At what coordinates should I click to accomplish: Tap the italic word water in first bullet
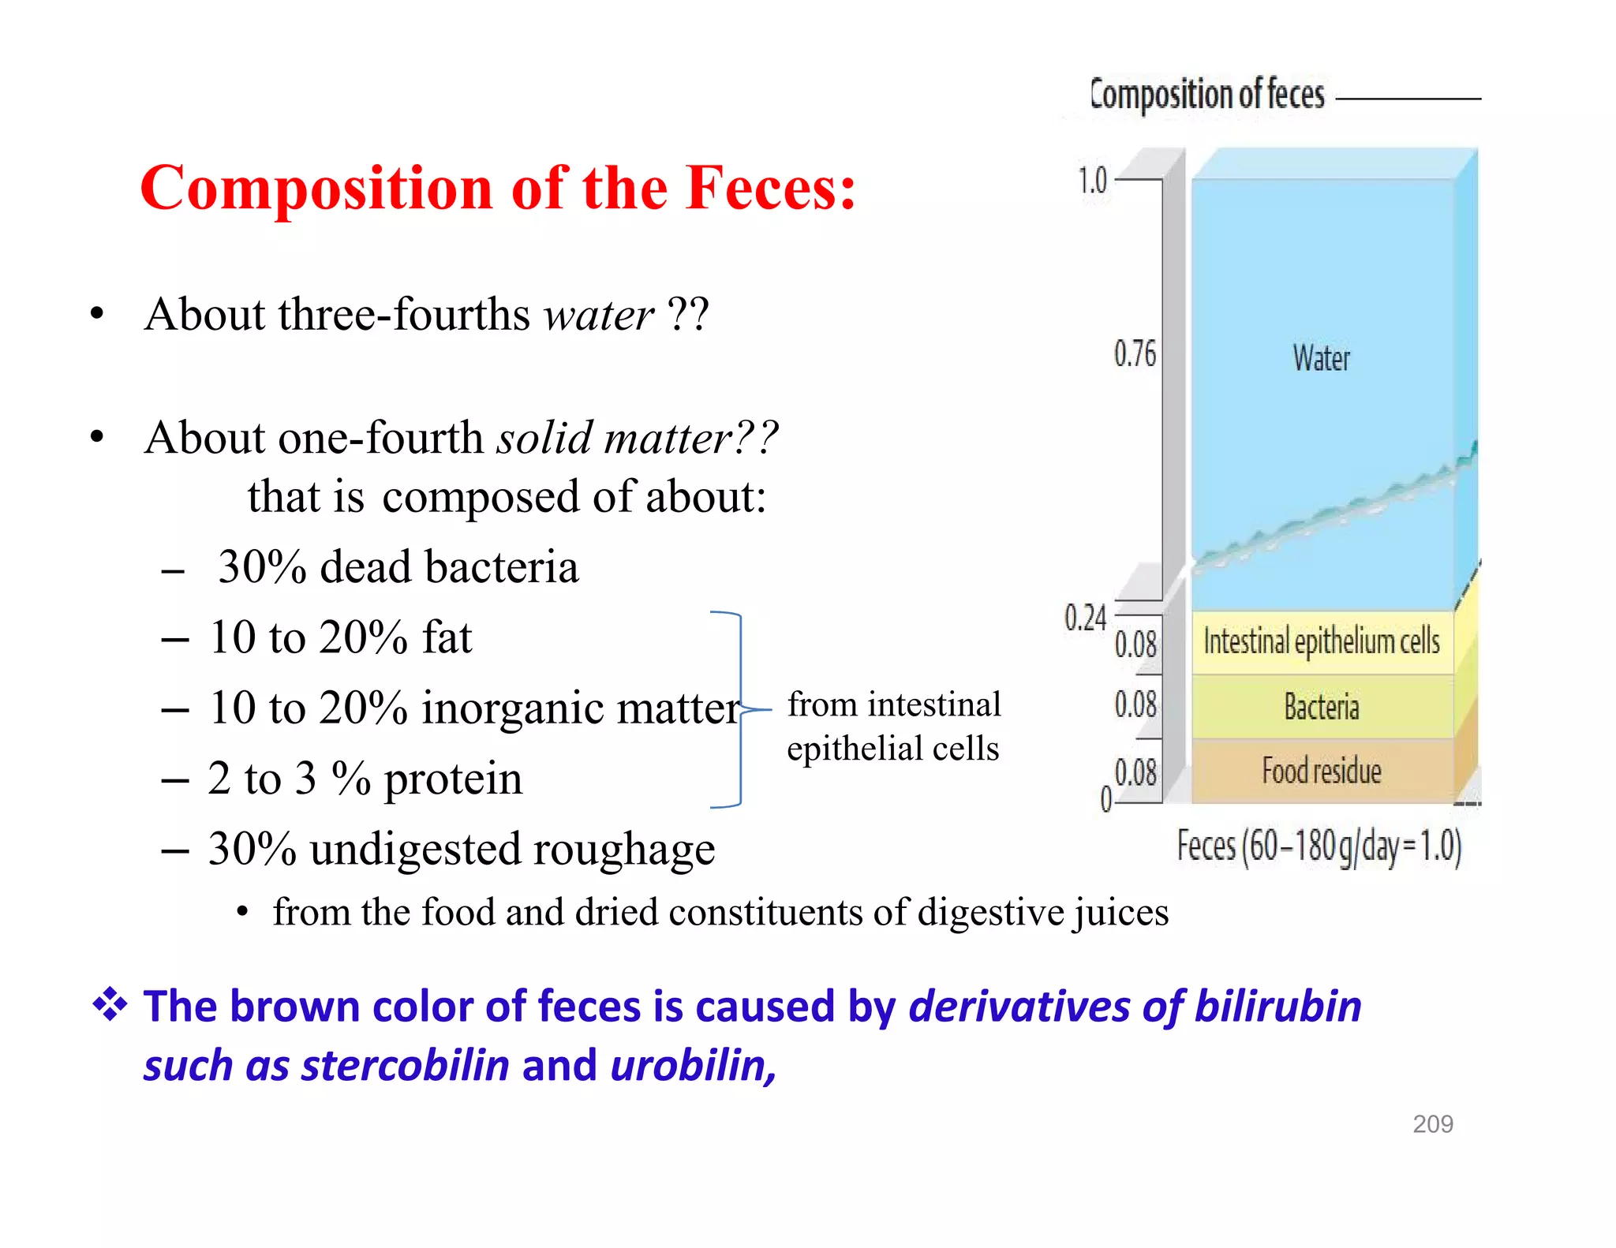pyautogui.click(x=599, y=315)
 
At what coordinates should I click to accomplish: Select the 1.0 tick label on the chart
pyautogui.click(x=1093, y=181)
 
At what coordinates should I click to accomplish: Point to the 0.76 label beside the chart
pyautogui.click(x=1134, y=353)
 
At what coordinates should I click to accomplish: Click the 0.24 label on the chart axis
pyautogui.click(x=1085, y=618)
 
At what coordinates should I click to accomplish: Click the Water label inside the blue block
pyautogui.click(x=1321, y=358)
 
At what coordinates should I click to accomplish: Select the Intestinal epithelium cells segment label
pyautogui.click(x=1321, y=641)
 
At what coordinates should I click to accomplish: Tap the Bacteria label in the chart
pyautogui.click(x=1321, y=707)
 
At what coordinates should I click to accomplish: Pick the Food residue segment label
pyautogui.click(x=1321, y=771)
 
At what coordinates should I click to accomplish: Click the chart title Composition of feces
pyautogui.click(x=1206, y=95)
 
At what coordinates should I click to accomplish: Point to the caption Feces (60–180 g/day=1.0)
pyautogui.click(x=1319, y=846)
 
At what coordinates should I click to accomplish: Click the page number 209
pyautogui.click(x=1432, y=1123)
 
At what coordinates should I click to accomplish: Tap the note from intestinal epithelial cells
pyautogui.click(x=893, y=726)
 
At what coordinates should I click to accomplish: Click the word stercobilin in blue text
pyautogui.click(x=406, y=1066)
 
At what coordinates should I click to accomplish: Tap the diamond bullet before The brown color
pyautogui.click(x=110, y=1005)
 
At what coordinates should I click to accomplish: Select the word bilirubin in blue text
pyautogui.click(x=1277, y=1007)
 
